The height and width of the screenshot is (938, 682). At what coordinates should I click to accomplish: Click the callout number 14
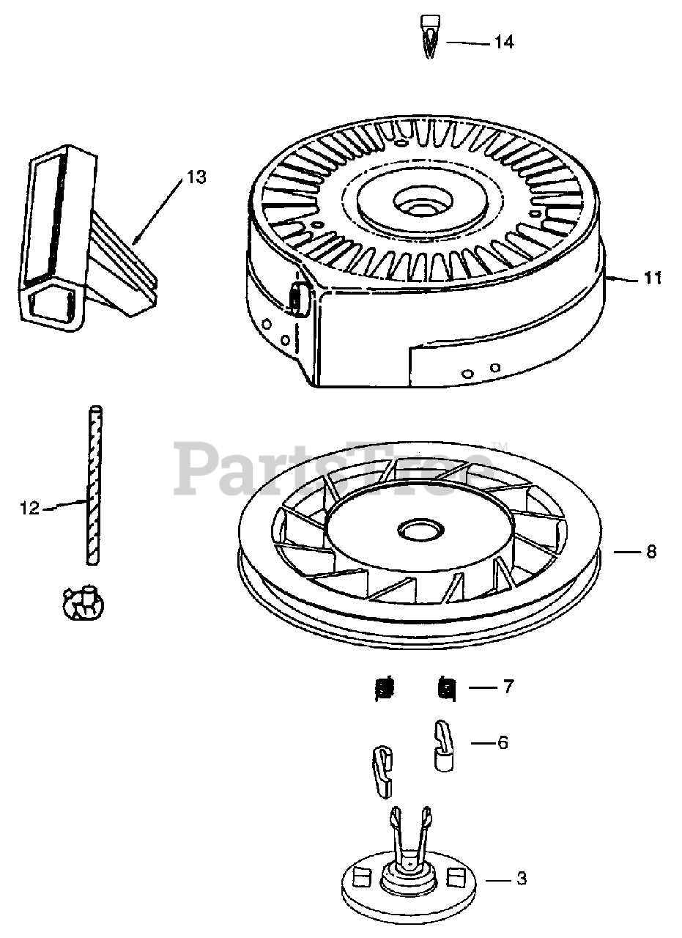(503, 43)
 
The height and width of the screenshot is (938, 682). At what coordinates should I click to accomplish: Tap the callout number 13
(196, 177)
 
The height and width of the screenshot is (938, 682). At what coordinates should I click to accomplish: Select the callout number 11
(653, 278)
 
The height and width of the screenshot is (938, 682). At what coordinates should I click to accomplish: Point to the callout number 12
(30, 508)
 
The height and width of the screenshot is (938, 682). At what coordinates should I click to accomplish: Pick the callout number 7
(508, 687)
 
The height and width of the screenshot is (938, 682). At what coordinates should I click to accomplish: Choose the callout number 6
(503, 742)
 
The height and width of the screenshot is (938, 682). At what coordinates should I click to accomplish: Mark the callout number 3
(522, 879)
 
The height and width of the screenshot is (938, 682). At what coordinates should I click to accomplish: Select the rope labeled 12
(93, 484)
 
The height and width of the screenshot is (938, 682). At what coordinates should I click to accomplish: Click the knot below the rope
(81, 603)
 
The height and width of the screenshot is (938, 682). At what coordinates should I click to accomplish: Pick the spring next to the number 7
(446, 688)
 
